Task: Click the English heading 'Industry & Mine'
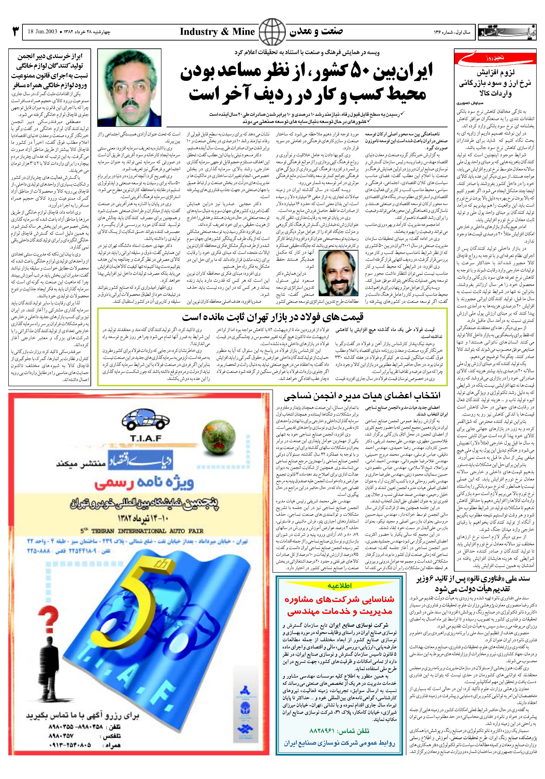point(217,32)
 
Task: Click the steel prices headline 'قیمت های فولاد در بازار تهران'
point(272,317)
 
